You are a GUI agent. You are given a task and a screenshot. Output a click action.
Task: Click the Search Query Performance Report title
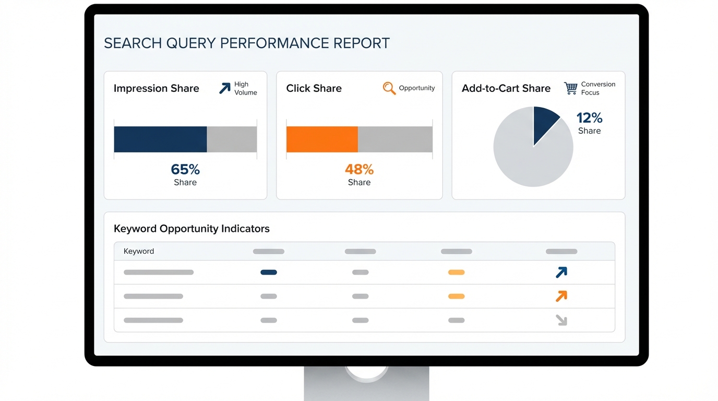pyautogui.click(x=247, y=43)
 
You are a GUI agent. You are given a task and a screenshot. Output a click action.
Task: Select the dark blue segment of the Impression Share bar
pyautogui.click(x=160, y=139)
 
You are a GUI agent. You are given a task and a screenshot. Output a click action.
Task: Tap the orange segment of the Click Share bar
pyautogui.click(x=322, y=139)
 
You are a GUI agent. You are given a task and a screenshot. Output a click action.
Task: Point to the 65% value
pyautogui.click(x=185, y=169)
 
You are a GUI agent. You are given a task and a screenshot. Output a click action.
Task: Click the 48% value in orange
pyautogui.click(x=359, y=169)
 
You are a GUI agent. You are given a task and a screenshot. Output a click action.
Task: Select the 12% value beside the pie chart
pyautogui.click(x=589, y=118)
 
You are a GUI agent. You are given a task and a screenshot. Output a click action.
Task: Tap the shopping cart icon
pyautogui.click(x=571, y=88)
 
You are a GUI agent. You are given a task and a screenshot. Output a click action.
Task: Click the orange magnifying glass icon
pyautogui.click(x=389, y=88)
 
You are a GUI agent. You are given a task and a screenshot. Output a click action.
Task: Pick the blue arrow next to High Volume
pyautogui.click(x=224, y=88)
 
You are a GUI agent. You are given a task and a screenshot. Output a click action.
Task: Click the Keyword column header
pyautogui.click(x=139, y=251)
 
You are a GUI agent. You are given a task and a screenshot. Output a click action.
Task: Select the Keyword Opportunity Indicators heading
pyautogui.click(x=192, y=229)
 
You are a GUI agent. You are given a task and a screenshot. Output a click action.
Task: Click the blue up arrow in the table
pyautogui.click(x=561, y=272)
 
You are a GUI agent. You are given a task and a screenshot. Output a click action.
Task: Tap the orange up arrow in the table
pyautogui.click(x=561, y=296)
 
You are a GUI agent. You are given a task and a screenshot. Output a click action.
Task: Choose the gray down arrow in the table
pyautogui.click(x=561, y=320)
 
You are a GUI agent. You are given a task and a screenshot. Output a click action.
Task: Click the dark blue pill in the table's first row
pyautogui.click(x=269, y=272)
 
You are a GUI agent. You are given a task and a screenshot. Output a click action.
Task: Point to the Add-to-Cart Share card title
pyautogui.click(x=506, y=88)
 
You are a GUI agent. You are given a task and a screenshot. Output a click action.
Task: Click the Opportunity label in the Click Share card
pyautogui.click(x=417, y=88)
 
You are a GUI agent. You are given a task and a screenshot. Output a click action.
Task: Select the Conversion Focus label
pyautogui.click(x=598, y=88)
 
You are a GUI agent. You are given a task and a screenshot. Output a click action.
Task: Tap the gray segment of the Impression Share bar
pyautogui.click(x=232, y=139)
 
